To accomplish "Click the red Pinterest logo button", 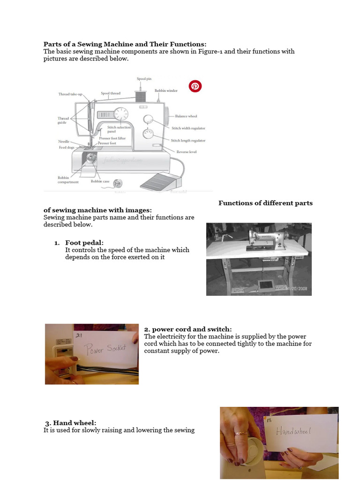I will point(195,86).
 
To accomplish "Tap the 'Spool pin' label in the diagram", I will point(144,79).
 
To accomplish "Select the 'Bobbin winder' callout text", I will point(166,90).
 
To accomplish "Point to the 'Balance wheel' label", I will point(186,116).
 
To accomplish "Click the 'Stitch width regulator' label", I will point(188,128).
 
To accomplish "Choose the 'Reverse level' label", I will point(186,152).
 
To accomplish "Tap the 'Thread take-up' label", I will point(70,94).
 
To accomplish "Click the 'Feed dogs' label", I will point(66,147).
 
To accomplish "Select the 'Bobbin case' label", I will point(100,181).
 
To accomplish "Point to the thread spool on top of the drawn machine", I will point(141,97).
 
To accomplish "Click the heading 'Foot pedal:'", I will point(84,242).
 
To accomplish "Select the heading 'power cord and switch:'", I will point(187,329).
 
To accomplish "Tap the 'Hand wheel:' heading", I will point(71,423).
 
